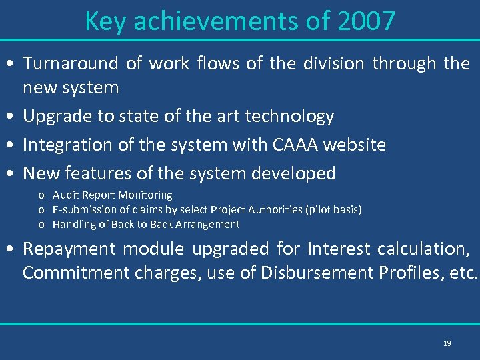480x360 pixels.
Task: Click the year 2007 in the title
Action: (366, 21)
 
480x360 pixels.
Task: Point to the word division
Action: (333, 63)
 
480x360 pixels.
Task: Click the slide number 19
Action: (447, 343)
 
